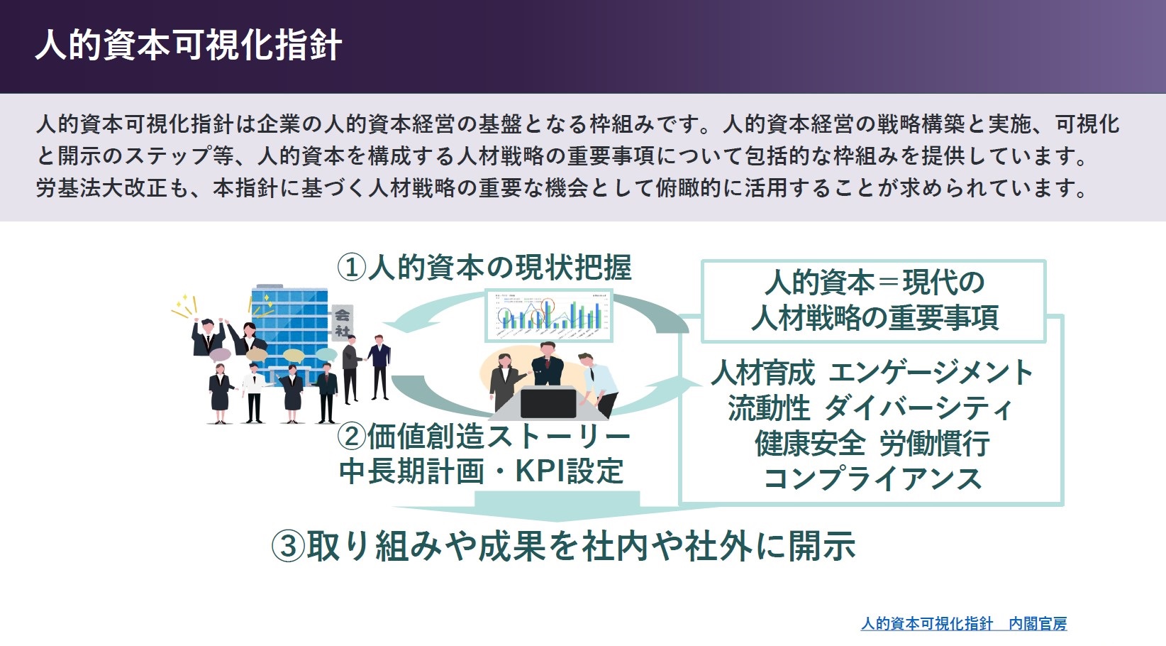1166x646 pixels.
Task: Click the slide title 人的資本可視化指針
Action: [189, 45]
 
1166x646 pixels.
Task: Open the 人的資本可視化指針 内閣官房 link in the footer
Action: [964, 623]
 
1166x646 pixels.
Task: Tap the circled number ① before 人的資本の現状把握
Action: [352, 268]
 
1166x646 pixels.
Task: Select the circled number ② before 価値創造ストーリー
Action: [352, 437]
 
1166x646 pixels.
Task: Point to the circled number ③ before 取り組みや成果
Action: [288, 547]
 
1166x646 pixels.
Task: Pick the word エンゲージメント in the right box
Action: [931, 373]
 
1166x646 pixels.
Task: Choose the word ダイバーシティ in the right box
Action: [919, 408]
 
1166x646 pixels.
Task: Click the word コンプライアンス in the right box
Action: [872, 478]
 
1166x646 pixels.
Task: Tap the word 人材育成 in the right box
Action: [763, 373]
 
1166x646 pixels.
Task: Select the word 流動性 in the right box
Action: [769, 408]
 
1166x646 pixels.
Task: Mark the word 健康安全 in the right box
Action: [810, 444]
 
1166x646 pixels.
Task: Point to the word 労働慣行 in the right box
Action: [934, 444]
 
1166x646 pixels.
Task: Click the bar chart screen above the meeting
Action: [549, 315]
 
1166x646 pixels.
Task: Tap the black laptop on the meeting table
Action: [548, 403]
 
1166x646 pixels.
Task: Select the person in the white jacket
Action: [253, 393]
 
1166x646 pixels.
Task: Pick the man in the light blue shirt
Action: [599, 383]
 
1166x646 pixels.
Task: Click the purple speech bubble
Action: [220, 355]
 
